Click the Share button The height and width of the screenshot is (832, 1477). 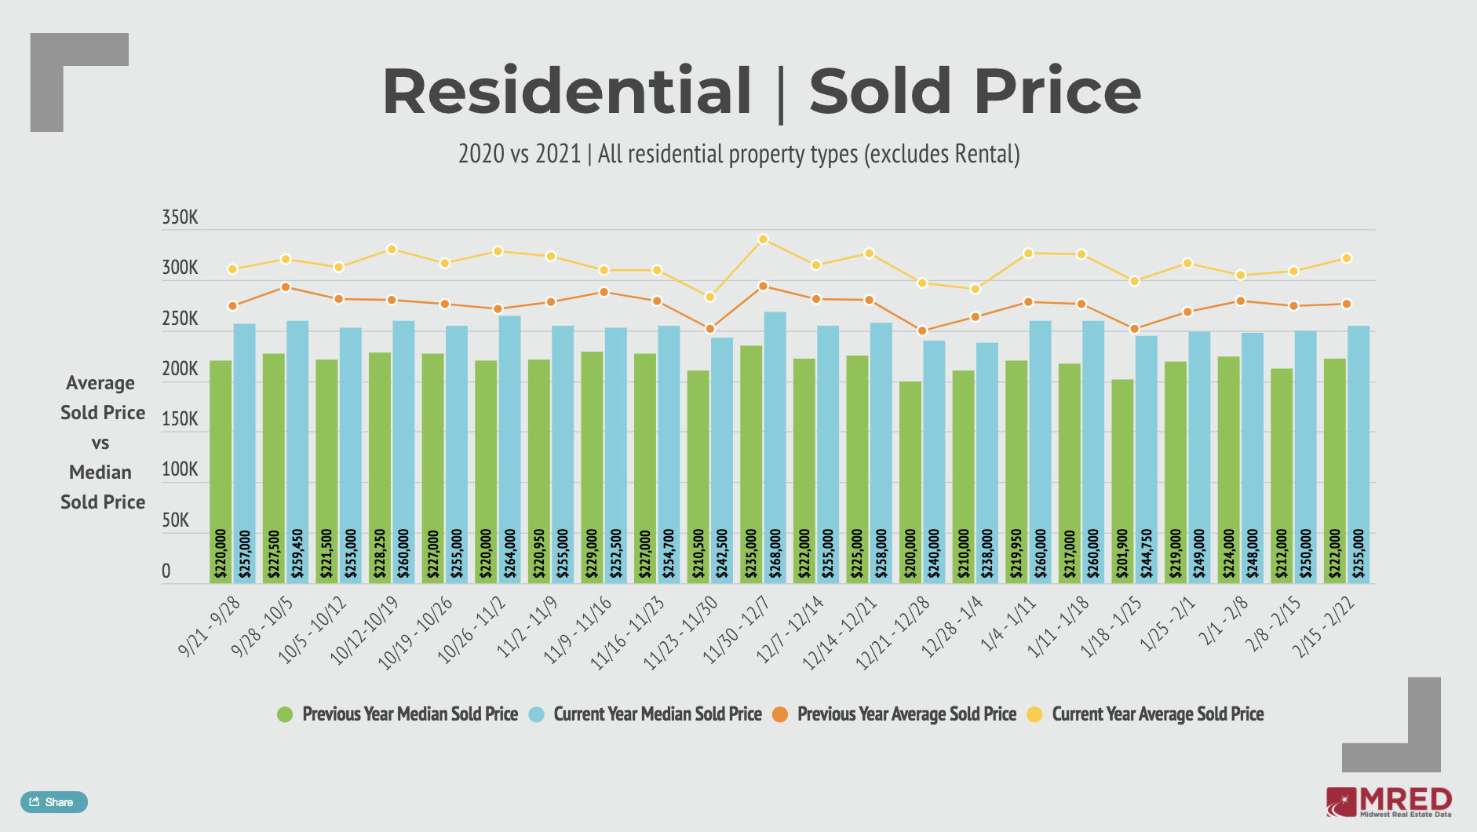(53, 801)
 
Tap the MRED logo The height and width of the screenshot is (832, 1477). (1388, 802)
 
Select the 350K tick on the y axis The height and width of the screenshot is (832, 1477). (180, 217)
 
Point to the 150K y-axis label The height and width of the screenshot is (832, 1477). (180, 419)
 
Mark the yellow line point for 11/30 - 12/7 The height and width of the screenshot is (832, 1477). (763, 239)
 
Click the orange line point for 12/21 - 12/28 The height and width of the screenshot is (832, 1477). (922, 330)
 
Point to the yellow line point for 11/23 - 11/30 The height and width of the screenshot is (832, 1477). (709, 297)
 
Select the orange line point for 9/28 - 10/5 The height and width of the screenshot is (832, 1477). (286, 287)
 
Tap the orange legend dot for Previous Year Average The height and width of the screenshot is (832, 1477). (779, 714)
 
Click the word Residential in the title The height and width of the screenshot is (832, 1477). (567, 92)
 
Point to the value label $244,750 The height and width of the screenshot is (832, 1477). (1147, 554)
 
